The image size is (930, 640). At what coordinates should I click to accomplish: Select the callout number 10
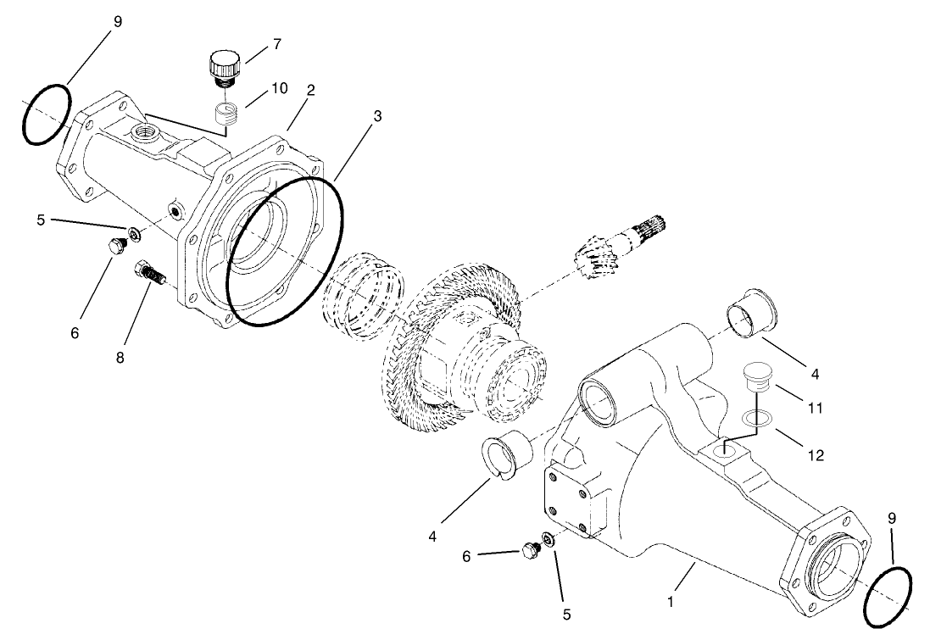point(279,88)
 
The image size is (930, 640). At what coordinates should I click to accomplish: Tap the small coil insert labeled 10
point(223,114)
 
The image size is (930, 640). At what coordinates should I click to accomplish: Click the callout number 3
point(377,116)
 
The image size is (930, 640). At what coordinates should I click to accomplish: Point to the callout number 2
point(311,90)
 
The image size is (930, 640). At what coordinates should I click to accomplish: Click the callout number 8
point(120,358)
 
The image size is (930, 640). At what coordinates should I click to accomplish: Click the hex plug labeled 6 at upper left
point(116,247)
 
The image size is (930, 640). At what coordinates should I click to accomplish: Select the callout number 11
point(815,409)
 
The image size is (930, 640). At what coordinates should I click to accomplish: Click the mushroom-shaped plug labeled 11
point(755,376)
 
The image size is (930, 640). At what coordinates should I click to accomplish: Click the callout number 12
point(815,455)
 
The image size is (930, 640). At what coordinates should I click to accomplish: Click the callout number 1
point(671,603)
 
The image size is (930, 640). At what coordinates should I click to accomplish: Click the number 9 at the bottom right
point(891,518)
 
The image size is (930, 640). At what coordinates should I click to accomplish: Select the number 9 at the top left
point(117,22)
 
